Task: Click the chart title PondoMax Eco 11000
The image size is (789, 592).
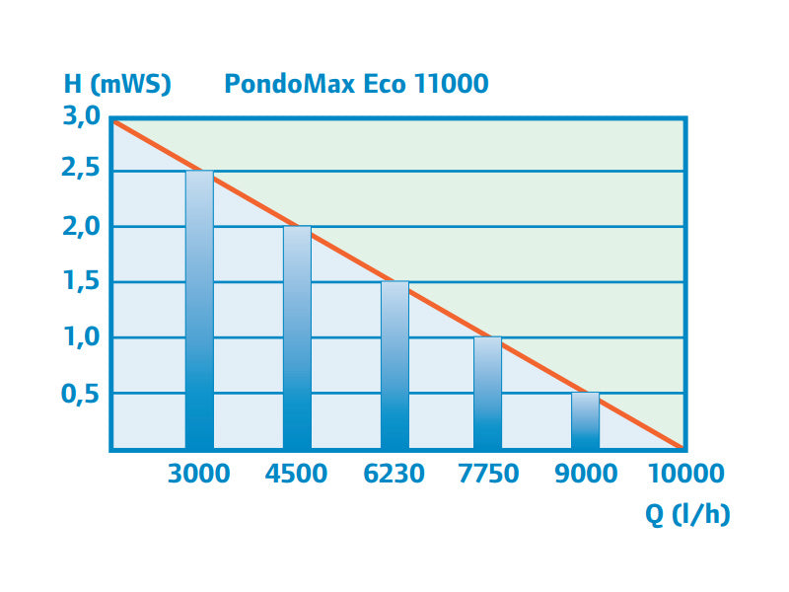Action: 356,83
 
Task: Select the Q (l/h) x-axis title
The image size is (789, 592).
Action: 687,514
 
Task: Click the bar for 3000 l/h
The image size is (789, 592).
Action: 199,311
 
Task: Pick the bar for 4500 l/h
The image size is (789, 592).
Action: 297,338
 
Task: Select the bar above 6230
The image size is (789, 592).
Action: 394,366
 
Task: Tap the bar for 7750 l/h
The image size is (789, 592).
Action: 487,394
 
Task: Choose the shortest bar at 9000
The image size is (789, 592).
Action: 585,421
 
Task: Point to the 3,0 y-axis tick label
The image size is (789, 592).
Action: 82,116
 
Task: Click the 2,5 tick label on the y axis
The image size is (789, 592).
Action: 82,172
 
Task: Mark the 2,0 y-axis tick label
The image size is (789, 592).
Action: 82,227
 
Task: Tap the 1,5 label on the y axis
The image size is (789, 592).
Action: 82,282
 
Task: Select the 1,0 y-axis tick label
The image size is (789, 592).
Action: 82,337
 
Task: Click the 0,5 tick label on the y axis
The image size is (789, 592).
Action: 82,393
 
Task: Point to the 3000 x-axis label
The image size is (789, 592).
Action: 199,474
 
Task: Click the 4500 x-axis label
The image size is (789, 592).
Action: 297,474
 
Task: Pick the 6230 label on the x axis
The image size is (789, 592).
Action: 394,474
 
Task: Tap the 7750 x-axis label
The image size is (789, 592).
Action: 487,474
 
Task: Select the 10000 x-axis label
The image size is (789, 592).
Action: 685,474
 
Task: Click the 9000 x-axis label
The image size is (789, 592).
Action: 585,474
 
